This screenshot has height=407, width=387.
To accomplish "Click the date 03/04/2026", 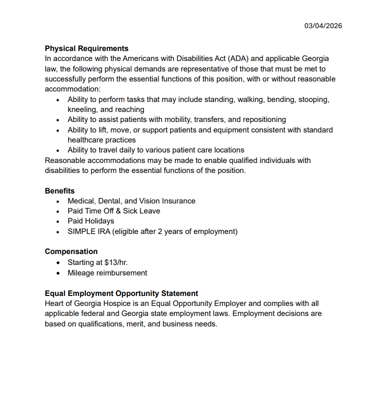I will click(x=323, y=26).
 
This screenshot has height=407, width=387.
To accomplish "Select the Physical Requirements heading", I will click(x=86, y=49).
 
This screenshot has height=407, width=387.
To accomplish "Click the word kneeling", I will click(x=82, y=110).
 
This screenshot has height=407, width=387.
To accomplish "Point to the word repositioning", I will click(x=261, y=120).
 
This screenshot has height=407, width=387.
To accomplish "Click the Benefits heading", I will click(x=60, y=191).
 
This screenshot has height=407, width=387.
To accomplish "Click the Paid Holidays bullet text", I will click(x=91, y=221).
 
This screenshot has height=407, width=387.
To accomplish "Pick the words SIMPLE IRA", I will click(x=89, y=232).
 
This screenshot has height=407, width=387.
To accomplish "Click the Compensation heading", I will click(x=71, y=252).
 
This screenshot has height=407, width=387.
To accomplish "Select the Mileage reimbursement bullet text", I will click(x=107, y=273).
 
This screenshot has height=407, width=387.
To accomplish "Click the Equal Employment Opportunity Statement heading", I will click(x=121, y=293).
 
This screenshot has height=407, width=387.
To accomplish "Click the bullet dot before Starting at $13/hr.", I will click(x=58, y=263).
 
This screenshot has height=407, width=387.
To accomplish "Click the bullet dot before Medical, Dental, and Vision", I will click(x=58, y=202).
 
